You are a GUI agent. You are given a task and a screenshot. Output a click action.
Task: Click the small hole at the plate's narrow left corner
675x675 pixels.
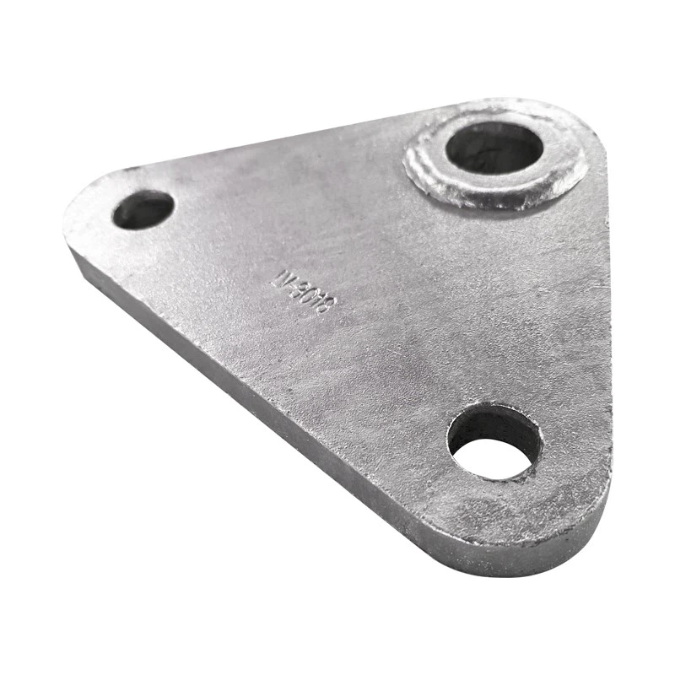pos(143,208)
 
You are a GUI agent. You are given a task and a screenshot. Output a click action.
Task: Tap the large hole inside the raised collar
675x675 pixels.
pos(494,147)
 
